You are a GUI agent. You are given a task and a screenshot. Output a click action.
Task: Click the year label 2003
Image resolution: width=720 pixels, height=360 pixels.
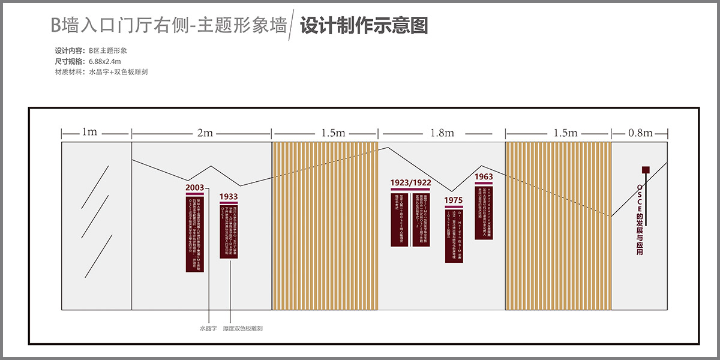(x=194, y=188)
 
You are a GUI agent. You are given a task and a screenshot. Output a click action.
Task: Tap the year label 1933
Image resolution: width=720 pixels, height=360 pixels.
(x=228, y=196)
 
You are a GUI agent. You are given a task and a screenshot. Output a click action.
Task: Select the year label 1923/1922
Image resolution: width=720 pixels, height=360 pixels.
(x=410, y=182)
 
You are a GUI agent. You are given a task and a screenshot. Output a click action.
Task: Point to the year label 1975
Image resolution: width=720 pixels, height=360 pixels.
(x=454, y=200)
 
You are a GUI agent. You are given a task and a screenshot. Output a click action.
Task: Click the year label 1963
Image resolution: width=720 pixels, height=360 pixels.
(x=484, y=177)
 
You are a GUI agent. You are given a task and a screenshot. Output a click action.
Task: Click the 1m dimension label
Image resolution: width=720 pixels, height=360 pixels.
(x=89, y=132)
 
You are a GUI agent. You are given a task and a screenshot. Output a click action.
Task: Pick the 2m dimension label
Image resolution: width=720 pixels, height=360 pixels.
(x=205, y=133)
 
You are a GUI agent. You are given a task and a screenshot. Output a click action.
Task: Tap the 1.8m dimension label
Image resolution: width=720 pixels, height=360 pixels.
(x=442, y=133)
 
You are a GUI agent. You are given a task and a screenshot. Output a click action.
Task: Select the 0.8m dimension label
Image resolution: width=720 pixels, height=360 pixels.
(x=640, y=133)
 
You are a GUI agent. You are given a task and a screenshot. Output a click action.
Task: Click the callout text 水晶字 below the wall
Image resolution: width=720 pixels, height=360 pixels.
(x=208, y=329)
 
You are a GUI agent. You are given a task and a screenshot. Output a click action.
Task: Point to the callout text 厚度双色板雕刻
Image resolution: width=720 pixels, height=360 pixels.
(x=243, y=329)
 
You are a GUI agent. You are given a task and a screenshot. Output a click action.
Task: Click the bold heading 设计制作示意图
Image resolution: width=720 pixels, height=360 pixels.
(x=364, y=26)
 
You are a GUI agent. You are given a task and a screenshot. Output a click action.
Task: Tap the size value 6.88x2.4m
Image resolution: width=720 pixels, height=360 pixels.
(x=105, y=61)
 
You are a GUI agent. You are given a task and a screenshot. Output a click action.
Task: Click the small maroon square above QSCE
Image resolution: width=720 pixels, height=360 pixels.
(x=646, y=170)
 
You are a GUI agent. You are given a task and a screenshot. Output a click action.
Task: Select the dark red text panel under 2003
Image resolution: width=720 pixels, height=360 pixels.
(x=195, y=234)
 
